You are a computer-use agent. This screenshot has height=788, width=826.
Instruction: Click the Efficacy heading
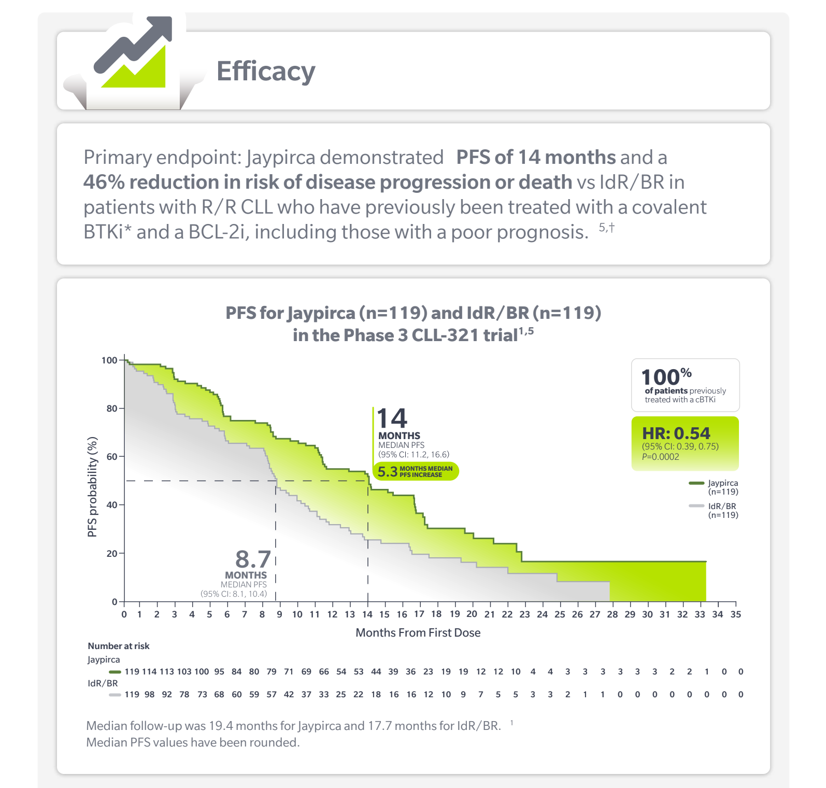coord(266,72)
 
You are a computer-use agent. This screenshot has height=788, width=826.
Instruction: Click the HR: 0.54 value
coord(676,433)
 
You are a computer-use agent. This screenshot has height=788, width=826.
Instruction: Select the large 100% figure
coord(666,376)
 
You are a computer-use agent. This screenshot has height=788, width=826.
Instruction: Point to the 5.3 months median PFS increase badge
coord(416,471)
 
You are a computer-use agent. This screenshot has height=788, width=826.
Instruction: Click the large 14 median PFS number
coord(392,418)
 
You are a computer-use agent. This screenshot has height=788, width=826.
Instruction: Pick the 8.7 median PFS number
coord(253,559)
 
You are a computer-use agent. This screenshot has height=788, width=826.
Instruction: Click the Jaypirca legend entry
coord(714,487)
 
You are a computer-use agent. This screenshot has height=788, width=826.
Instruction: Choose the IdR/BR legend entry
coord(714,510)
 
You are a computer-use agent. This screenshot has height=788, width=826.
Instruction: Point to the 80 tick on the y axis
coord(112,409)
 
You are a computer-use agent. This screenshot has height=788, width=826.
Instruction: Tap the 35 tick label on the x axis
coord(736,614)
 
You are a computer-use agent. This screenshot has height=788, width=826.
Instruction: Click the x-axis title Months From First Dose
coord(418,632)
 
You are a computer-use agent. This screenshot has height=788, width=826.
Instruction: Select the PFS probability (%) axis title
coord(92,487)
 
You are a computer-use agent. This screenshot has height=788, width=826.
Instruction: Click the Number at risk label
coord(119,646)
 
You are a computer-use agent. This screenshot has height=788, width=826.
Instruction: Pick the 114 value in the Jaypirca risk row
coord(149,671)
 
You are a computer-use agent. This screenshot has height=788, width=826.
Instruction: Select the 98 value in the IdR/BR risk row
coord(149,694)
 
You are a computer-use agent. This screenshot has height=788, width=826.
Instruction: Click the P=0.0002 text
coord(661,457)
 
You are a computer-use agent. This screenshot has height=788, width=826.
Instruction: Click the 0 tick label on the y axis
coord(115,602)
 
